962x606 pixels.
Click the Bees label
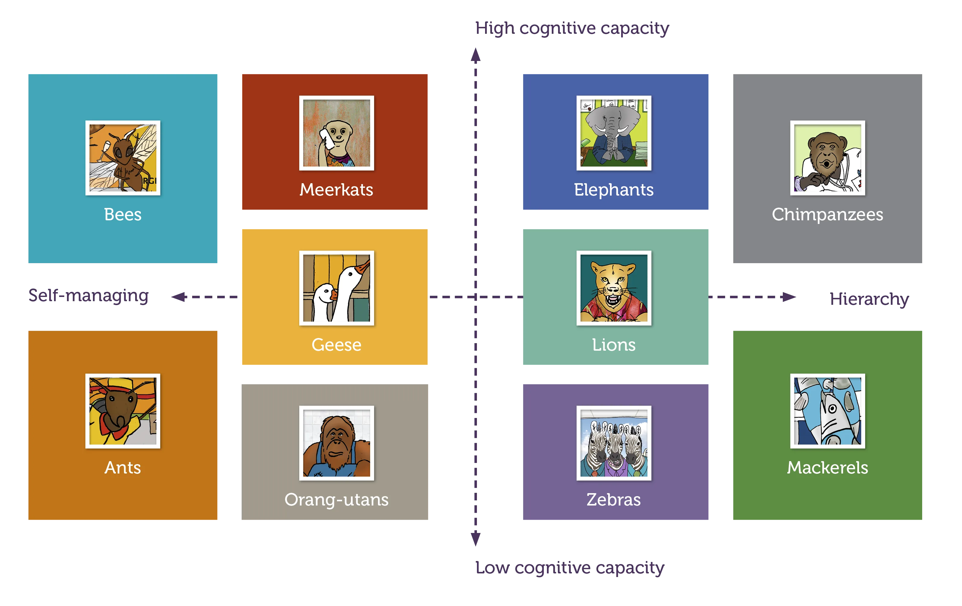point(123,215)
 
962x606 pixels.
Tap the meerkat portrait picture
point(336,133)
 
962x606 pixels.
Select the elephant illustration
point(614,133)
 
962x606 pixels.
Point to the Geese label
point(336,345)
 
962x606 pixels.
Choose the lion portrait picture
point(614,288)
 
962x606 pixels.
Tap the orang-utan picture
point(336,443)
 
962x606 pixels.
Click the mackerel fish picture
point(827,411)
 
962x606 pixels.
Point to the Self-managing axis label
point(88,296)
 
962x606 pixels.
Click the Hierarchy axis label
point(869,299)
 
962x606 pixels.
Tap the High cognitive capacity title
point(572,28)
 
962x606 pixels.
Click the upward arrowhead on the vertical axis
point(475,55)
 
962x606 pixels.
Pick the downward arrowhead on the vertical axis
point(475,539)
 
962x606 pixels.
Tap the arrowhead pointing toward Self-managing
point(179,297)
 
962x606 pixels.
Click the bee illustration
point(123,158)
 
